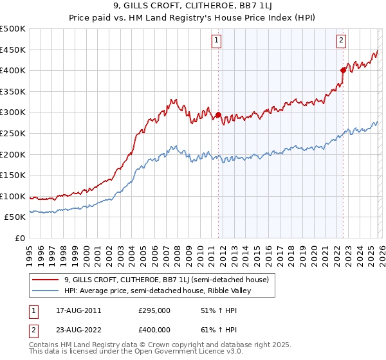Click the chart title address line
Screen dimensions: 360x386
(x=193, y=7)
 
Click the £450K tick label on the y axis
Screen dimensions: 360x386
(x=13, y=50)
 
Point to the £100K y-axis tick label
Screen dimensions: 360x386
(x=13, y=196)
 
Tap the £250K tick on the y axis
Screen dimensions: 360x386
(x=13, y=133)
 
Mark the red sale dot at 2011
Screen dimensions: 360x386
(x=218, y=115)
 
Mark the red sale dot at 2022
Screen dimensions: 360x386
(x=343, y=71)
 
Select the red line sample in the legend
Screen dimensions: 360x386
(x=46, y=280)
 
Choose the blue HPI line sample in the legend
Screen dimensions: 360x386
(x=46, y=291)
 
